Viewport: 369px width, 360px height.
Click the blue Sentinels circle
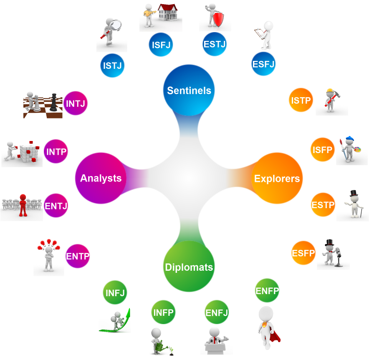coord(189,90)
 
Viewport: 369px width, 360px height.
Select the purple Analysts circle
coord(101,178)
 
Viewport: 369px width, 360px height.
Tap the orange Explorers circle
coord(277,179)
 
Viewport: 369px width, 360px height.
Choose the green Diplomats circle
coord(189,267)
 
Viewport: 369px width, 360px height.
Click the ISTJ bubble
coord(112,65)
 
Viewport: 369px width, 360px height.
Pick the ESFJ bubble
coord(264,64)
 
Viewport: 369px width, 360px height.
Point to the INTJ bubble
coord(76,103)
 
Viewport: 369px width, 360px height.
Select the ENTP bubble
coord(78,256)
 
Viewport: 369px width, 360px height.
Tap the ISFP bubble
coord(322,149)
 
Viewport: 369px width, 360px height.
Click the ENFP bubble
coord(267,291)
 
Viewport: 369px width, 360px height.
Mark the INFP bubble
coord(163,312)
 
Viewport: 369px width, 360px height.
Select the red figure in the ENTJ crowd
coord(23,204)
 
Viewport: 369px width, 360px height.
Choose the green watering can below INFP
coord(159,346)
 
